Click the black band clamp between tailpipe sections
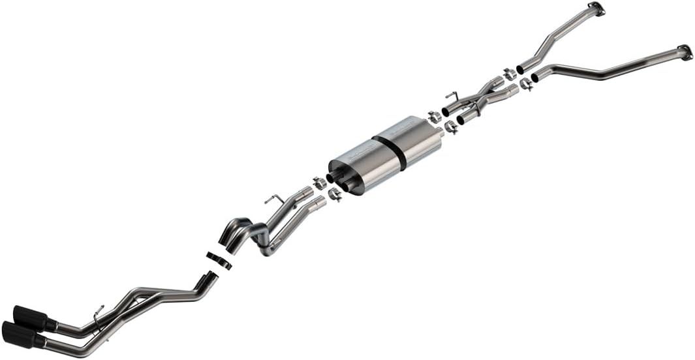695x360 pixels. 219,259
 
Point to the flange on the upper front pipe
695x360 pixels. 595,8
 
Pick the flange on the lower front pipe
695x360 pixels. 684,52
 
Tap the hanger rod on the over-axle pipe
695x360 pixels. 274,198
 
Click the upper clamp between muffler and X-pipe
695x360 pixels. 434,117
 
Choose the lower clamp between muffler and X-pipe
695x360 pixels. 450,128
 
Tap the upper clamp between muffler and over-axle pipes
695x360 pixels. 319,183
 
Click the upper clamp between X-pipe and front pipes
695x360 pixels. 510,74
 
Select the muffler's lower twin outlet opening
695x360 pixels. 346,188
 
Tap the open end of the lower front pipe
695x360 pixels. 535,78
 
